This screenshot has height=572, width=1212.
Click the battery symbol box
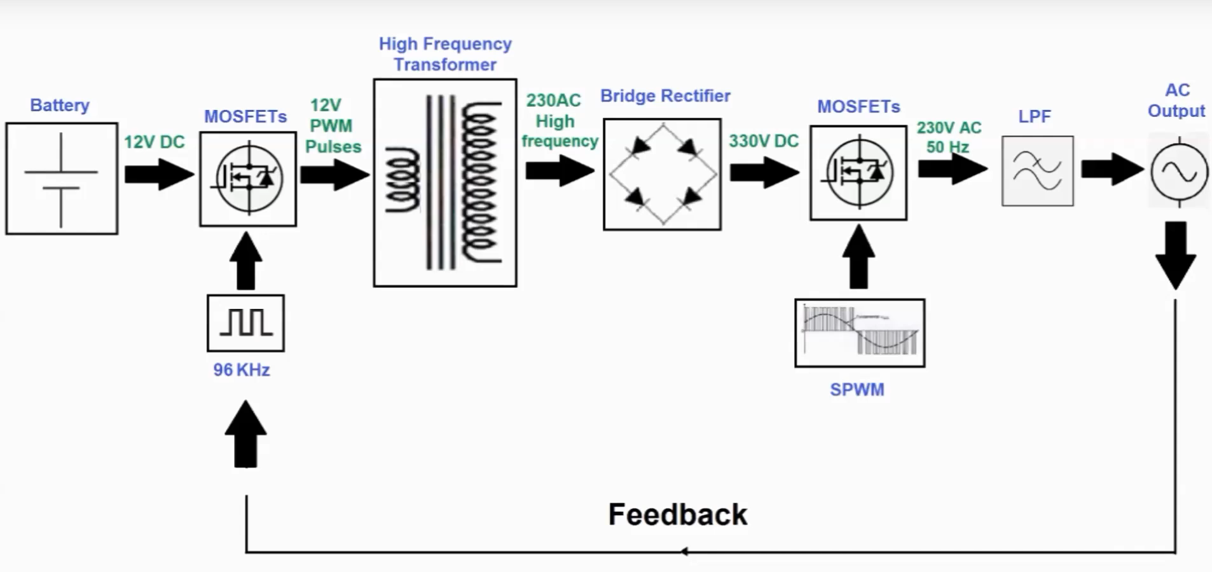click(62, 179)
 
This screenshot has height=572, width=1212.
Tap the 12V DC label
click(154, 142)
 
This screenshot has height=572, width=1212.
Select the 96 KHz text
click(242, 370)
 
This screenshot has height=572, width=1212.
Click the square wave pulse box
click(246, 323)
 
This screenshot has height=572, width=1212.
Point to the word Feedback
click(678, 514)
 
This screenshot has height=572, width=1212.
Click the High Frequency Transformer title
click(445, 54)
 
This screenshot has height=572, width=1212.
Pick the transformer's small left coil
click(403, 180)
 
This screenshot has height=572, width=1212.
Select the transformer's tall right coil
click(480, 182)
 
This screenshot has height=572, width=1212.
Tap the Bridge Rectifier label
click(665, 96)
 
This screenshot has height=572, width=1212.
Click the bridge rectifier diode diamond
click(663, 174)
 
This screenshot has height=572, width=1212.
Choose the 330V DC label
click(763, 141)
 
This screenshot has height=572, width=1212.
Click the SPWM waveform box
click(860, 333)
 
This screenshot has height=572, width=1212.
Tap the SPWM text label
click(857, 390)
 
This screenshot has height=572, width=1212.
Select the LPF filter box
click(1037, 171)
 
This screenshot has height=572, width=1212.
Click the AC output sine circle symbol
click(1179, 172)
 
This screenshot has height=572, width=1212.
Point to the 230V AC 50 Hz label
click(949, 137)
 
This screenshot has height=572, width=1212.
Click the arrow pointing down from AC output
click(1176, 254)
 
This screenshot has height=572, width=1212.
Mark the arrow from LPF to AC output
click(1112, 169)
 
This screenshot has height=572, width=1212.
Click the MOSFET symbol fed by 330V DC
click(858, 173)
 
